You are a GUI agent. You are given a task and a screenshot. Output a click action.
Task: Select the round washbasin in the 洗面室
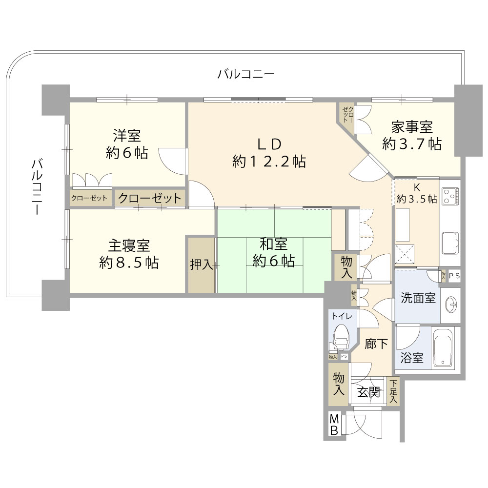451,305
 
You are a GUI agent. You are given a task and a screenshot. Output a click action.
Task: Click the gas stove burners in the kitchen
450,196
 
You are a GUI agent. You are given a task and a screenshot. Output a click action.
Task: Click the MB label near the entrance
334,425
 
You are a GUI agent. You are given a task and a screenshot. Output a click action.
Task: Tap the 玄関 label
368,392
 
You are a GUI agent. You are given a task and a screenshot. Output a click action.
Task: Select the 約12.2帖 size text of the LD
269,161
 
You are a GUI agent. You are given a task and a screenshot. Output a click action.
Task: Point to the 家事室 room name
412,127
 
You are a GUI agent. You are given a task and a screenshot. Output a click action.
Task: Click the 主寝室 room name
129,245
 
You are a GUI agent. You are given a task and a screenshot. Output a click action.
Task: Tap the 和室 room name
274,244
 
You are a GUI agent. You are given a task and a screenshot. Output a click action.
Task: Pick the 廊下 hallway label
376,344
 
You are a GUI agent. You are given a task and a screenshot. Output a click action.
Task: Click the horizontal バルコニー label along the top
246,74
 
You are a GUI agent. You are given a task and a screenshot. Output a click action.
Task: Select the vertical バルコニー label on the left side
37,186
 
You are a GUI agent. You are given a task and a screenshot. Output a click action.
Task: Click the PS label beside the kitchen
454,276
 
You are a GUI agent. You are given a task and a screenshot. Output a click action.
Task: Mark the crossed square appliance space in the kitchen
405,254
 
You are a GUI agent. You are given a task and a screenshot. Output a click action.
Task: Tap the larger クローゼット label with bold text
150,198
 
